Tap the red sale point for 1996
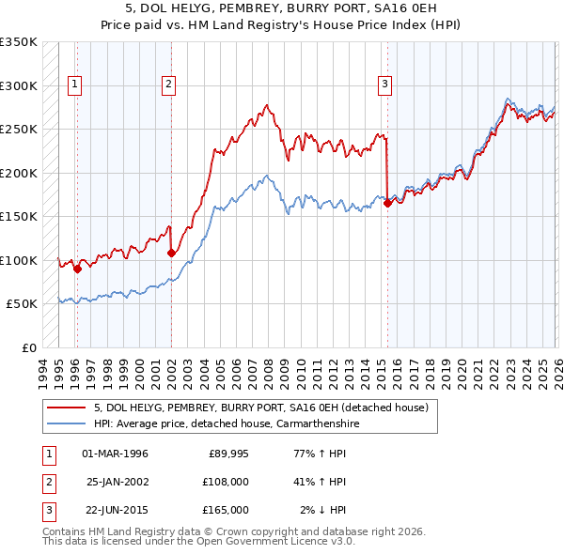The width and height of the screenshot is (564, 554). pos(77,269)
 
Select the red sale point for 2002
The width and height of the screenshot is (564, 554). pos(171,253)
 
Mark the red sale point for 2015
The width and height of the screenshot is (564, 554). pos(387,203)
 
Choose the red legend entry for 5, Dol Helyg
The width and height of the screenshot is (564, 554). pos(261,408)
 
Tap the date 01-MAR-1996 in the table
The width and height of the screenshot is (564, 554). pos(115,454)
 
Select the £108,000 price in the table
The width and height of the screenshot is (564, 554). pos(226,482)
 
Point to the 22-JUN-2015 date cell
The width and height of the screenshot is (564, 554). pos(115,510)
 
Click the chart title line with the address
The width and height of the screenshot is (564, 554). pos(282,8)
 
